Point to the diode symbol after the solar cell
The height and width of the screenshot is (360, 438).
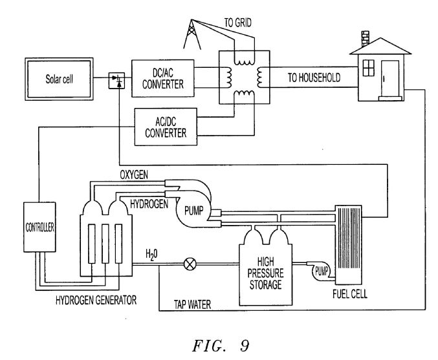tap(116, 80)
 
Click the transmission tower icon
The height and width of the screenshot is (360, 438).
tap(192, 34)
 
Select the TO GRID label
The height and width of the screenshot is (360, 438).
tap(237, 23)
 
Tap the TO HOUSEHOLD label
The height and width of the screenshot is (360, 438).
tap(314, 78)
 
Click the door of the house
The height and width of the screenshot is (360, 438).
tap(389, 79)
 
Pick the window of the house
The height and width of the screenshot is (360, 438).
tap(368, 68)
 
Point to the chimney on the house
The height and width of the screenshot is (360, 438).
tap(365, 39)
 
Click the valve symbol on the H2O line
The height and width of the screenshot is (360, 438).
tap(190, 264)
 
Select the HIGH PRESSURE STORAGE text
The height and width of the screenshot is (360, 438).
tap(265, 273)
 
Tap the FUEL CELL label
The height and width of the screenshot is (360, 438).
tap(350, 294)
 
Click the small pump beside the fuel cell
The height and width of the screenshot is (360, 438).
tap(321, 271)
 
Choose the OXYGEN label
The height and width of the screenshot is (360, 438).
tap(134, 175)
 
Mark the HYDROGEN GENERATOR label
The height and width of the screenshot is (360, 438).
tap(96, 300)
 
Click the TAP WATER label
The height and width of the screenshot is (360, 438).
tap(192, 304)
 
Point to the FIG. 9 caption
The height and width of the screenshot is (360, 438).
tap(221, 346)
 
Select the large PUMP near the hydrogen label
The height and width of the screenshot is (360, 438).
tap(193, 211)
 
